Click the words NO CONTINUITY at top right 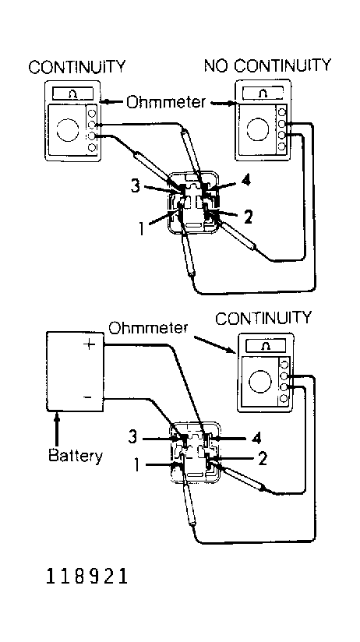(x=267, y=66)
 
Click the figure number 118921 (x=86, y=577)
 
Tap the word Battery (x=76, y=455)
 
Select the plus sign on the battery (x=89, y=344)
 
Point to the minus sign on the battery (x=87, y=397)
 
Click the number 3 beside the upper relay (x=136, y=187)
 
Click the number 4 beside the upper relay (x=245, y=181)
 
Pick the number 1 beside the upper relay (x=141, y=228)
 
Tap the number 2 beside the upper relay (x=249, y=217)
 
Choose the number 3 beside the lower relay (x=132, y=437)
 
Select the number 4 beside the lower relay (x=256, y=439)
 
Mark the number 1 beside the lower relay (x=138, y=465)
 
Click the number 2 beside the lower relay (x=263, y=459)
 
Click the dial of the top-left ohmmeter (x=68, y=130)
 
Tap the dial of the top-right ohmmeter (x=258, y=129)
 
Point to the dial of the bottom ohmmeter (x=260, y=381)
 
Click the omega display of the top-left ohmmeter (x=74, y=93)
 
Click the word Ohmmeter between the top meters (x=165, y=101)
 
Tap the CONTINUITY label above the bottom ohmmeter (x=263, y=318)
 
